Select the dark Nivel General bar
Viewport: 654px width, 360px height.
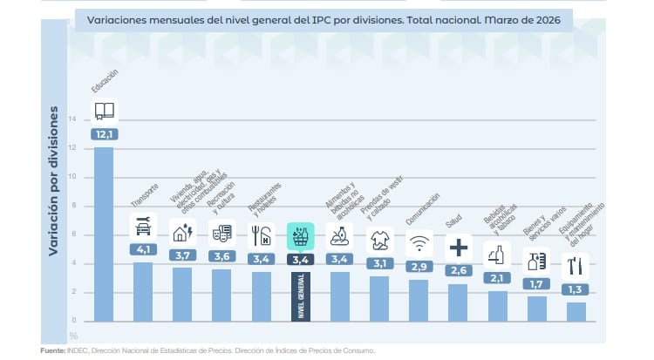click(300, 296)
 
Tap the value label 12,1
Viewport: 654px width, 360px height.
click(104, 134)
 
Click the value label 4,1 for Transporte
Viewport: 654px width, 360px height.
click(143, 249)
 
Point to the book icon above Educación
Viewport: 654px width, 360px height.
click(104, 111)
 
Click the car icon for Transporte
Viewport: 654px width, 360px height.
click(143, 227)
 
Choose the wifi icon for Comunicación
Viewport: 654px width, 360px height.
click(419, 241)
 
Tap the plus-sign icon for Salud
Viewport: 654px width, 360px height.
click(459, 248)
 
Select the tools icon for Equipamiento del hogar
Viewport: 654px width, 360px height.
click(576, 265)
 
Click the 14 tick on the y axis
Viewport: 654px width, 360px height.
click(72, 119)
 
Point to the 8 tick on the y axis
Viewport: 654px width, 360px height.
click(72, 206)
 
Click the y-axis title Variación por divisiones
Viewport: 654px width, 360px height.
click(53, 180)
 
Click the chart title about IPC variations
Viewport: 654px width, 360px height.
click(323, 20)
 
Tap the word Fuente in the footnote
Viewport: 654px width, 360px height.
click(52, 350)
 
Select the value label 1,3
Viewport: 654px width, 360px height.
click(576, 289)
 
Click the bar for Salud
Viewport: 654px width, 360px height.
click(459, 302)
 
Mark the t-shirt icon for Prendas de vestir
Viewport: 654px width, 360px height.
click(378, 237)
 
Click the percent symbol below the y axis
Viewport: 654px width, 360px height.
click(73, 334)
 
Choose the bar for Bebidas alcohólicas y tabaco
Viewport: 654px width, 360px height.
click(498, 305)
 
